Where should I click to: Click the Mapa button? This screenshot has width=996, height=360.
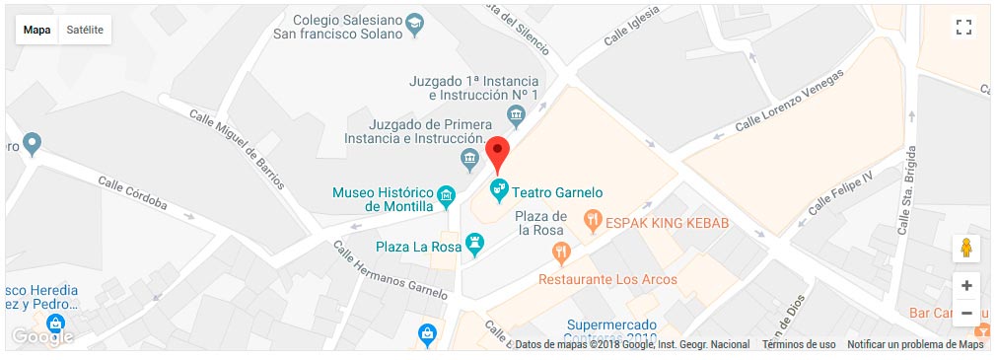(x=37, y=30)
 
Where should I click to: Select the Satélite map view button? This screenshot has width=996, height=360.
(x=85, y=30)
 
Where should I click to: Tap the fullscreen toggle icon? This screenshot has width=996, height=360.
(x=964, y=28)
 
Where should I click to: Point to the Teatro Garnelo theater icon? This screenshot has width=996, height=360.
(x=500, y=187)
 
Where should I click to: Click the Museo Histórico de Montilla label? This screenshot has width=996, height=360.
(x=385, y=199)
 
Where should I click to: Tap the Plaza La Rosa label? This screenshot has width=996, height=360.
(x=419, y=246)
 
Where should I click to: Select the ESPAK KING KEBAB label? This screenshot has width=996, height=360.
(x=668, y=224)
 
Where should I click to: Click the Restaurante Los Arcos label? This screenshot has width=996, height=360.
(x=607, y=279)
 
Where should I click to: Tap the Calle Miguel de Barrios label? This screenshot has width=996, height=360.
(x=238, y=149)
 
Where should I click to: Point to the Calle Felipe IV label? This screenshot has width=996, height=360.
(x=840, y=193)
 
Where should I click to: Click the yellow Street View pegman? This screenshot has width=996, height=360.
(x=966, y=249)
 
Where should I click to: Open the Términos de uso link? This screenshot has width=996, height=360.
(x=799, y=344)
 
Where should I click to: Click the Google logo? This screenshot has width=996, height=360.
(x=41, y=335)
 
